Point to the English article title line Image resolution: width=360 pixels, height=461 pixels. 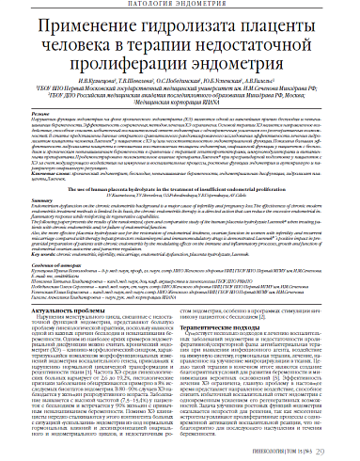[179, 186]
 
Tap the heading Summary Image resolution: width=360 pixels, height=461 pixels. [39, 203]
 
